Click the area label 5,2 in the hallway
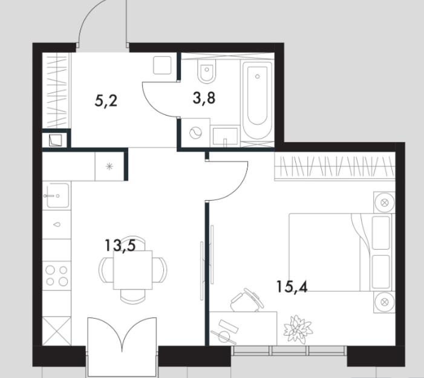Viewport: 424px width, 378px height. click(106, 102)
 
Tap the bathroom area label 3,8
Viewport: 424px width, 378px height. click(204, 98)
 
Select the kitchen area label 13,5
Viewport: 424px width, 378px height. click(120, 246)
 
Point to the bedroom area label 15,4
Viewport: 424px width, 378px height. click(292, 287)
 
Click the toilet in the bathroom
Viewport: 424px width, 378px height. click(207, 71)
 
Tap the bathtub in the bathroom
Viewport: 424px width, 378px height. click(257, 100)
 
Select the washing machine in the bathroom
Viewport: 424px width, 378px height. click(195, 133)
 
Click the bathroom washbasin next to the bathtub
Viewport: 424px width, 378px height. click(225, 137)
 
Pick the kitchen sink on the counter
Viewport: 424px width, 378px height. click(57, 195)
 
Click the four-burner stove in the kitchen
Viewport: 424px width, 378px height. click(57, 276)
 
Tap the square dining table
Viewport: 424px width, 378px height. click(133, 270)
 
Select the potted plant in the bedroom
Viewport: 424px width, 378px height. click(298, 330)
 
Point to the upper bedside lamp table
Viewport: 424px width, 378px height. click(384, 202)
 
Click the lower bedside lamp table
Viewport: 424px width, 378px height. click(384, 302)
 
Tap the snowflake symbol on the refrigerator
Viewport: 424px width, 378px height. click(109, 166)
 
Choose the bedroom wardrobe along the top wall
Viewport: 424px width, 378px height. click(334, 166)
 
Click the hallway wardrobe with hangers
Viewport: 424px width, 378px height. click(56, 90)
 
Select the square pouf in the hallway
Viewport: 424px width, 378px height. click(162, 65)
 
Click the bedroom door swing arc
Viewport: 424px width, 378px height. click(240, 189)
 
